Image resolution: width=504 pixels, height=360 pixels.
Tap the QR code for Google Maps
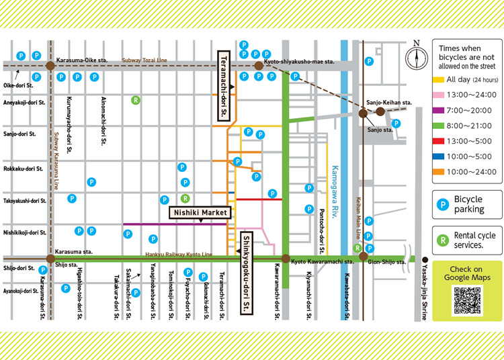[467, 301]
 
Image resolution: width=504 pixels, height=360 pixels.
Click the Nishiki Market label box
[199, 213]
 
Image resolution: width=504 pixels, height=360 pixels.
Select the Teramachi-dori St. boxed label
[224, 85]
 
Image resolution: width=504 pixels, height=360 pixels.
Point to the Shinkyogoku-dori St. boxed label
[247, 272]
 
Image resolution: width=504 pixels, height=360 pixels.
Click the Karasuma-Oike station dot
[50, 66]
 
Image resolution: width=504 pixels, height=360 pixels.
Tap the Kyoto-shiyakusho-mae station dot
[258, 66]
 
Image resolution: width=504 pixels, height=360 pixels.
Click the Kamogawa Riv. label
[335, 189]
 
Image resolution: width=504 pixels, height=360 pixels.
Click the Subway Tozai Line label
[144, 60]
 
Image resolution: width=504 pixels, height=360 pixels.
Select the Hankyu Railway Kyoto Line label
[179, 255]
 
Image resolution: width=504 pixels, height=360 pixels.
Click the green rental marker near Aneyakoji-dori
[136, 101]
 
